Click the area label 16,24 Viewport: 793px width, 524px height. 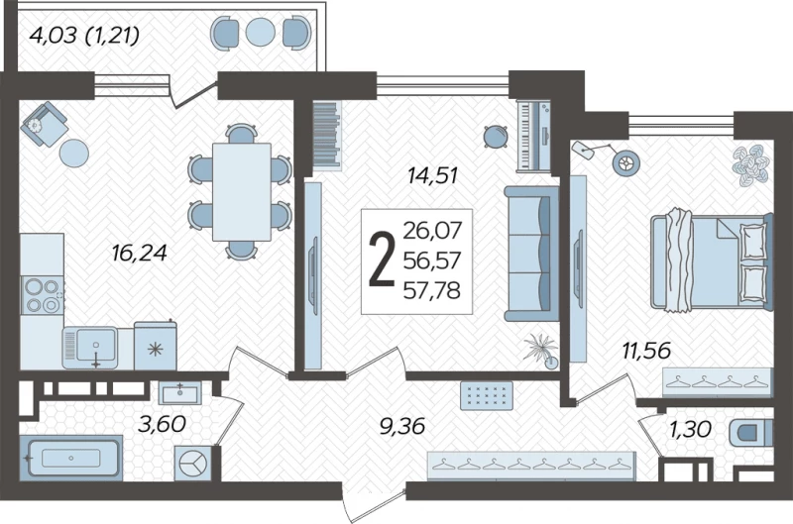139,253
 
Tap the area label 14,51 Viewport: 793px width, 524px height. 433,175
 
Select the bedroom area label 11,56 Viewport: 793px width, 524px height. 647,351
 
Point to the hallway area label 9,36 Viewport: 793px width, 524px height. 402,427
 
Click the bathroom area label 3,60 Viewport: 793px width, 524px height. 162,425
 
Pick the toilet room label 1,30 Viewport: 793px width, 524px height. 691,430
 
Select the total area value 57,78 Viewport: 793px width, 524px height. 432,291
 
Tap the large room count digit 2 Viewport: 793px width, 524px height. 382,261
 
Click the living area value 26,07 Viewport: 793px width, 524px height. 432,231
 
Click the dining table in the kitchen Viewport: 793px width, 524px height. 242,192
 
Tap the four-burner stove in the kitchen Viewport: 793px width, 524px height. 43,295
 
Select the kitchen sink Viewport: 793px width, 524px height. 91,348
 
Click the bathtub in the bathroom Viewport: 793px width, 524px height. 70,458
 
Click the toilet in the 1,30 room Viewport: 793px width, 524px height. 750,433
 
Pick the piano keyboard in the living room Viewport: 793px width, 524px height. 533,136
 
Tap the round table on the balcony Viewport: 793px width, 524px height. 261,32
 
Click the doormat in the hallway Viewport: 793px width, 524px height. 487,395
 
